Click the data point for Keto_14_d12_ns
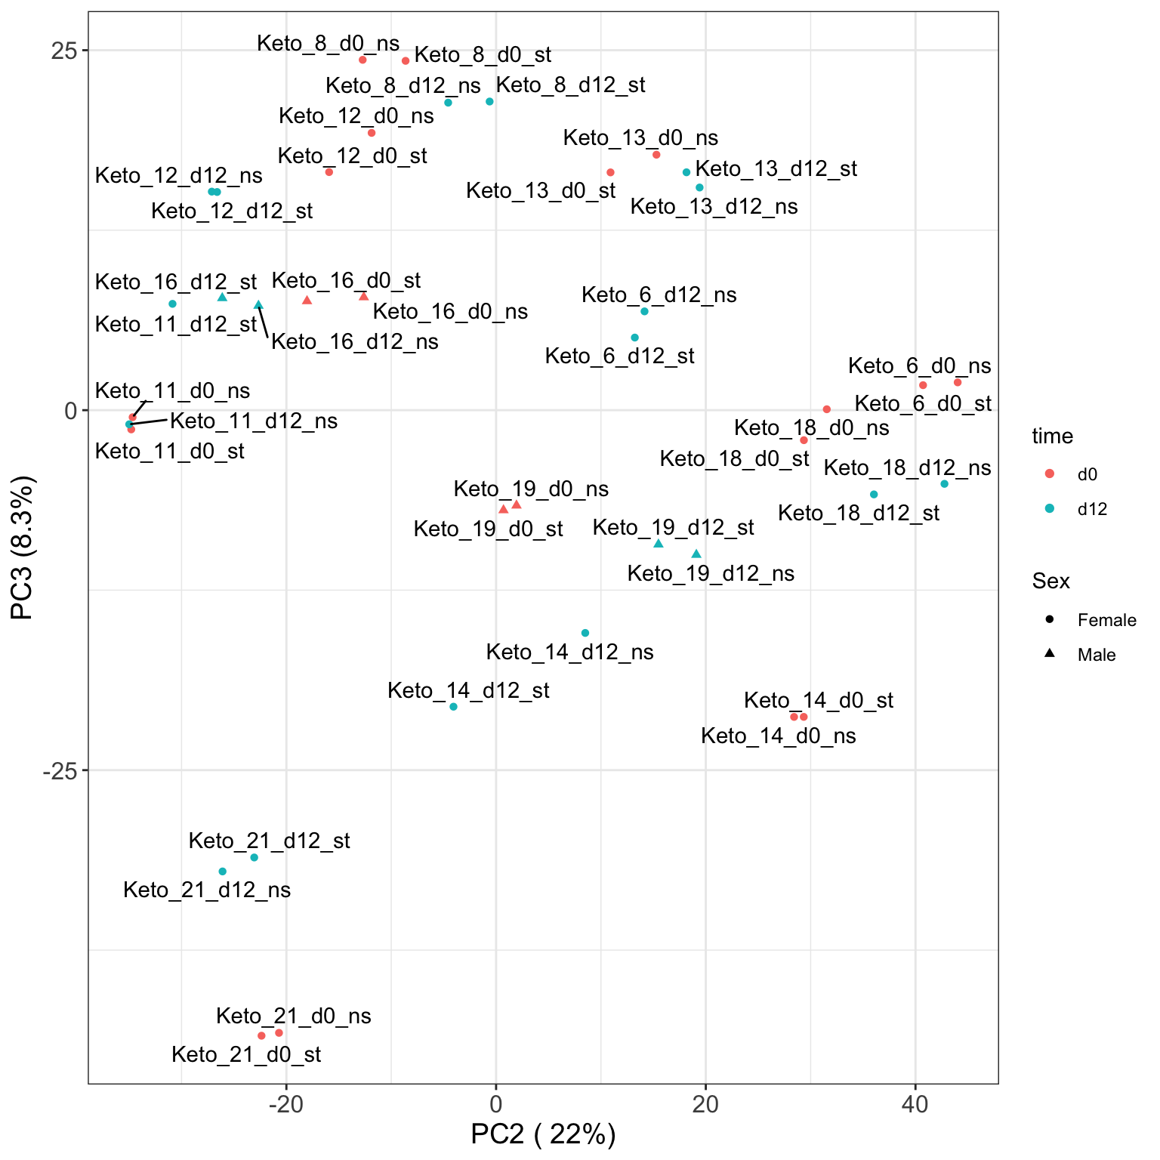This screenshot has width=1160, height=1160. pyautogui.click(x=585, y=633)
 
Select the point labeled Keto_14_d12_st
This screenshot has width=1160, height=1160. pyautogui.click(x=453, y=707)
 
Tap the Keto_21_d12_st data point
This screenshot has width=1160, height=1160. pyautogui.click(x=255, y=857)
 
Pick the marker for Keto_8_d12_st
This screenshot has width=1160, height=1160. pyautogui.click(x=489, y=102)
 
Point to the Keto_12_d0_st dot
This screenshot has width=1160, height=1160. pyautogui.click(x=329, y=172)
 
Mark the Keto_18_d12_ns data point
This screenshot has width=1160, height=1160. pyautogui.click(x=944, y=484)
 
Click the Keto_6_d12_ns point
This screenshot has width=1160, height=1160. pyautogui.click(x=644, y=311)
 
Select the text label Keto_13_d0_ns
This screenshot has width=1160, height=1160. pyautogui.click(x=640, y=138)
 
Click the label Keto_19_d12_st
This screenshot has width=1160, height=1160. pyautogui.click(x=673, y=528)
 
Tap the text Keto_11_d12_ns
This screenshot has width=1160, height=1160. pyautogui.click(x=254, y=421)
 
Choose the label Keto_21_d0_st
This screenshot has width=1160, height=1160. pyautogui.click(x=246, y=1055)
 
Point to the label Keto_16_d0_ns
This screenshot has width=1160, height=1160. pyautogui.click(x=450, y=312)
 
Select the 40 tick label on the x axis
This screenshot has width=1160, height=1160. pyautogui.click(x=915, y=1105)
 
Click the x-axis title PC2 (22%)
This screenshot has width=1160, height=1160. pyautogui.click(x=543, y=1135)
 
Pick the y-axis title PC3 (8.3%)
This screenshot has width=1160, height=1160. pyautogui.click(x=23, y=548)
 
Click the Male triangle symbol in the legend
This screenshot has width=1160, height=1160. pyautogui.click(x=1050, y=654)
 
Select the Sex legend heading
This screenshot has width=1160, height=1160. pyautogui.click(x=1051, y=582)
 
